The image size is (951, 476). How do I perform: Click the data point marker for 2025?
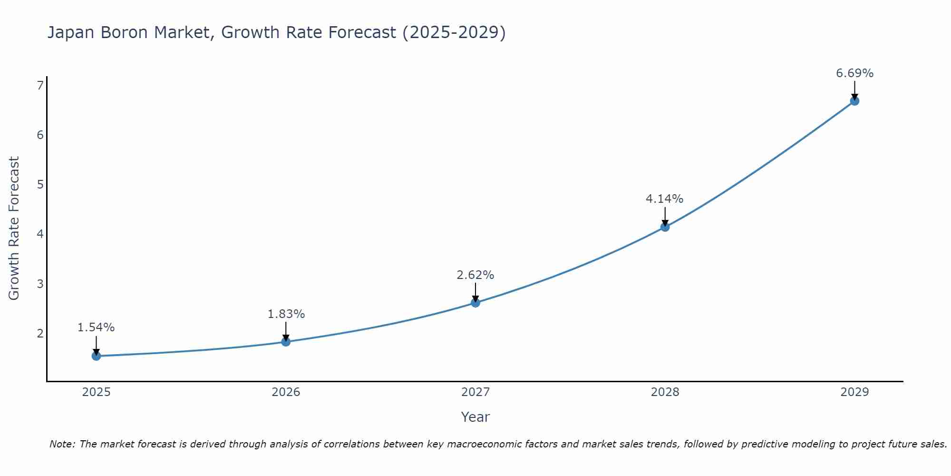(96, 356)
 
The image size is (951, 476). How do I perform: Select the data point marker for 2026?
(286, 341)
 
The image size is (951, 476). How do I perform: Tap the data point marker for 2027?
(475, 302)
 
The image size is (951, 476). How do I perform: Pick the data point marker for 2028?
(665, 227)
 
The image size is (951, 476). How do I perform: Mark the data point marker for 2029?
(854, 100)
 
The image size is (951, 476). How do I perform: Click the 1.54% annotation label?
(96, 327)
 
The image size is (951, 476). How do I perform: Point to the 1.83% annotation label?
(286, 314)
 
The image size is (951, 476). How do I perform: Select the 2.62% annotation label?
(475, 275)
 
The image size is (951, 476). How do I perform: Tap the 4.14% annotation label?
(665, 199)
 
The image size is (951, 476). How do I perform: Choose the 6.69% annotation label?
(854, 73)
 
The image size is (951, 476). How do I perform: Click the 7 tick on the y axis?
(40, 85)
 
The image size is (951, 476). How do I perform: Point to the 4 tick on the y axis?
(40, 234)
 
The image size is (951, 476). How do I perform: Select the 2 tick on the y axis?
(40, 333)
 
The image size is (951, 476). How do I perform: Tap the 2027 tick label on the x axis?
(475, 392)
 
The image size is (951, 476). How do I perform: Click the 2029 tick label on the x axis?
(854, 392)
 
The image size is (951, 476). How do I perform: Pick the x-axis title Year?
(475, 417)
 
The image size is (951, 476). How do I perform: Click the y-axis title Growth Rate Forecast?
(14, 228)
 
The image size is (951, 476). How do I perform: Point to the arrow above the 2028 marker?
(665, 216)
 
